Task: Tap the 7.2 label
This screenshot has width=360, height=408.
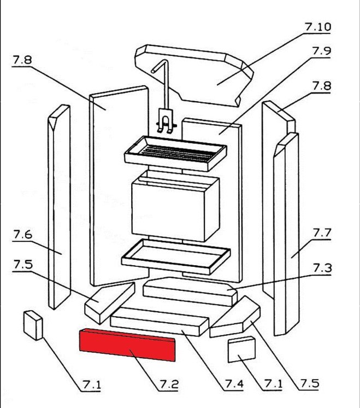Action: click(169, 384)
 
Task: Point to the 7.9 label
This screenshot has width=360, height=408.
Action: click(322, 51)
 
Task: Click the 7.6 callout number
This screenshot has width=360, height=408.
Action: click(22, 235)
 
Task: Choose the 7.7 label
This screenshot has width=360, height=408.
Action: click(322, 233)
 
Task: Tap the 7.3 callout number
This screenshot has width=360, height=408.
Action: click(322, 268)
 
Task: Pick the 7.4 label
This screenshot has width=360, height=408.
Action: click(234, 384)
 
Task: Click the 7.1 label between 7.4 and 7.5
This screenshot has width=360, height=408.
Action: click(273, 384)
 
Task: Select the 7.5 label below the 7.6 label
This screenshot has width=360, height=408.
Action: click(22, 265)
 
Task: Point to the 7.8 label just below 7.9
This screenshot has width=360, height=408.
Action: click(322, 86)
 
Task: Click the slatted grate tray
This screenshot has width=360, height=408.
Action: click(175, 149)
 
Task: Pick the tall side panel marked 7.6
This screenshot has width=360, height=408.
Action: click(58, 208)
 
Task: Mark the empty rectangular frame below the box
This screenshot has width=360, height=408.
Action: click(175, 256)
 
